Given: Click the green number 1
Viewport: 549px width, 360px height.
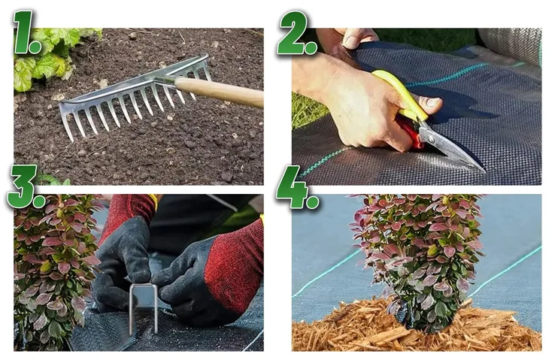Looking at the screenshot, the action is click(x=26, y=32).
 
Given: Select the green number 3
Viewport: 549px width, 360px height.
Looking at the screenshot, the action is click(x=26, y=186).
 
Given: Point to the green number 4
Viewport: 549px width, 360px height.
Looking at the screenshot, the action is click(x=297, y=187).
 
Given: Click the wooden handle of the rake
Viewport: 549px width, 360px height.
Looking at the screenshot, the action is click(x=220, y=92).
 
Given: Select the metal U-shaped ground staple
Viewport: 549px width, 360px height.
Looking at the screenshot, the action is click(x=144, y=308).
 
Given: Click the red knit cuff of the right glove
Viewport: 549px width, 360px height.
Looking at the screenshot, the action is click(x=235, y=266).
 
